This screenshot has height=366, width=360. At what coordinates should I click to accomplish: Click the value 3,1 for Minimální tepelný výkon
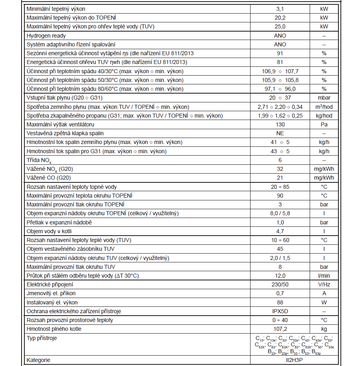pyautogui.click(x=280, y=9)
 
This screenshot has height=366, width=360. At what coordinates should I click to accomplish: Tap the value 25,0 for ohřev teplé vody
pyautogui.click(x=280, y=27)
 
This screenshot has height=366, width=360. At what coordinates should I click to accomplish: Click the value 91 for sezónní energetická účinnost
pyautogui.click(x=280, y=53)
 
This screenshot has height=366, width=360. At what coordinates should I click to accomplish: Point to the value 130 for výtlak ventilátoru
pyautogui.click(x=280, y=124)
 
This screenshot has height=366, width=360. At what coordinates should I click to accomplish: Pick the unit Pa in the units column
pyautogui.click(x=324, y=124)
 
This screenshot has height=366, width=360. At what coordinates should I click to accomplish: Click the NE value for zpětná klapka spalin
pyautogui.click(x=280, y=133)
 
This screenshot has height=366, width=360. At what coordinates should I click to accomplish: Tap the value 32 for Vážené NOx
pyautogui.click(x=280, y=169)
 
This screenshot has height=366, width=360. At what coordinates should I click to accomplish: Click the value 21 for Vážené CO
pyautogui.click(x=280, y=178)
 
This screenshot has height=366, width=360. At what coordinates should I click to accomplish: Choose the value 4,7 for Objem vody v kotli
pyautogui.click(x=280, y=231)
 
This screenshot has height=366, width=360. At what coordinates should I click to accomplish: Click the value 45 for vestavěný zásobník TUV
pyautogui.click(x=280, y=249)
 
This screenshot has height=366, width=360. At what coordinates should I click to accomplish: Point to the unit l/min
pyautogui.click(x=324, y=276)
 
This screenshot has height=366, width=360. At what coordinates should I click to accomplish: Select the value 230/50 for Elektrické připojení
pyautogui.click(x=280, y=284)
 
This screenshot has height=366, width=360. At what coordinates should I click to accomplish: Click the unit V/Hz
pyautogui.click(x=324, y=284)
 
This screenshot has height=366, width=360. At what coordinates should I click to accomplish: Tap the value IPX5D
pyautogui.click(x=280, y=311)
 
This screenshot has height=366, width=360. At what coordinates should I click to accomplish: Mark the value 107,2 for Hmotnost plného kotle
pyautogui.click(x=280, y=329)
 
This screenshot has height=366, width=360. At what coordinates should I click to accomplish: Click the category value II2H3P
pyautogui.click(x=280, y=360)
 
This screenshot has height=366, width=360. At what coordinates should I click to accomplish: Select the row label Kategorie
pyautogui.click(x=38, y=360)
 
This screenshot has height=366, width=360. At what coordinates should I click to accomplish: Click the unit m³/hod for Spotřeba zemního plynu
pyautogui.click(x=324, y=107)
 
